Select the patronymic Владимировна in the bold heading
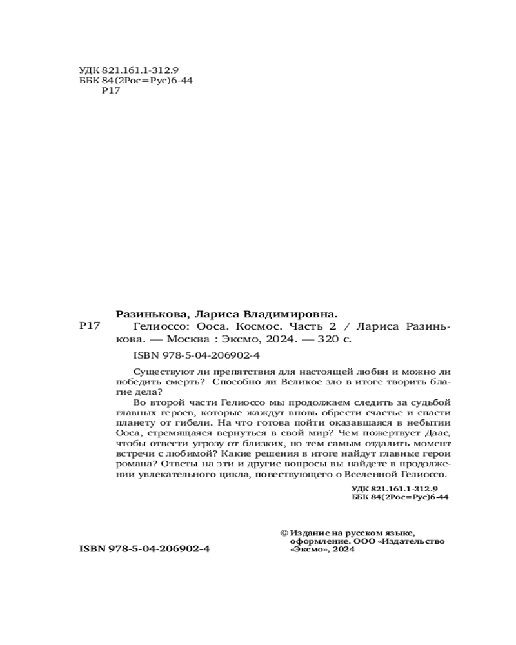tap(297, 314)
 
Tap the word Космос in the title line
tap(258, 326)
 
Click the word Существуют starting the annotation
tap(158, 372)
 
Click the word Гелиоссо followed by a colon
tap(159, 326)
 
